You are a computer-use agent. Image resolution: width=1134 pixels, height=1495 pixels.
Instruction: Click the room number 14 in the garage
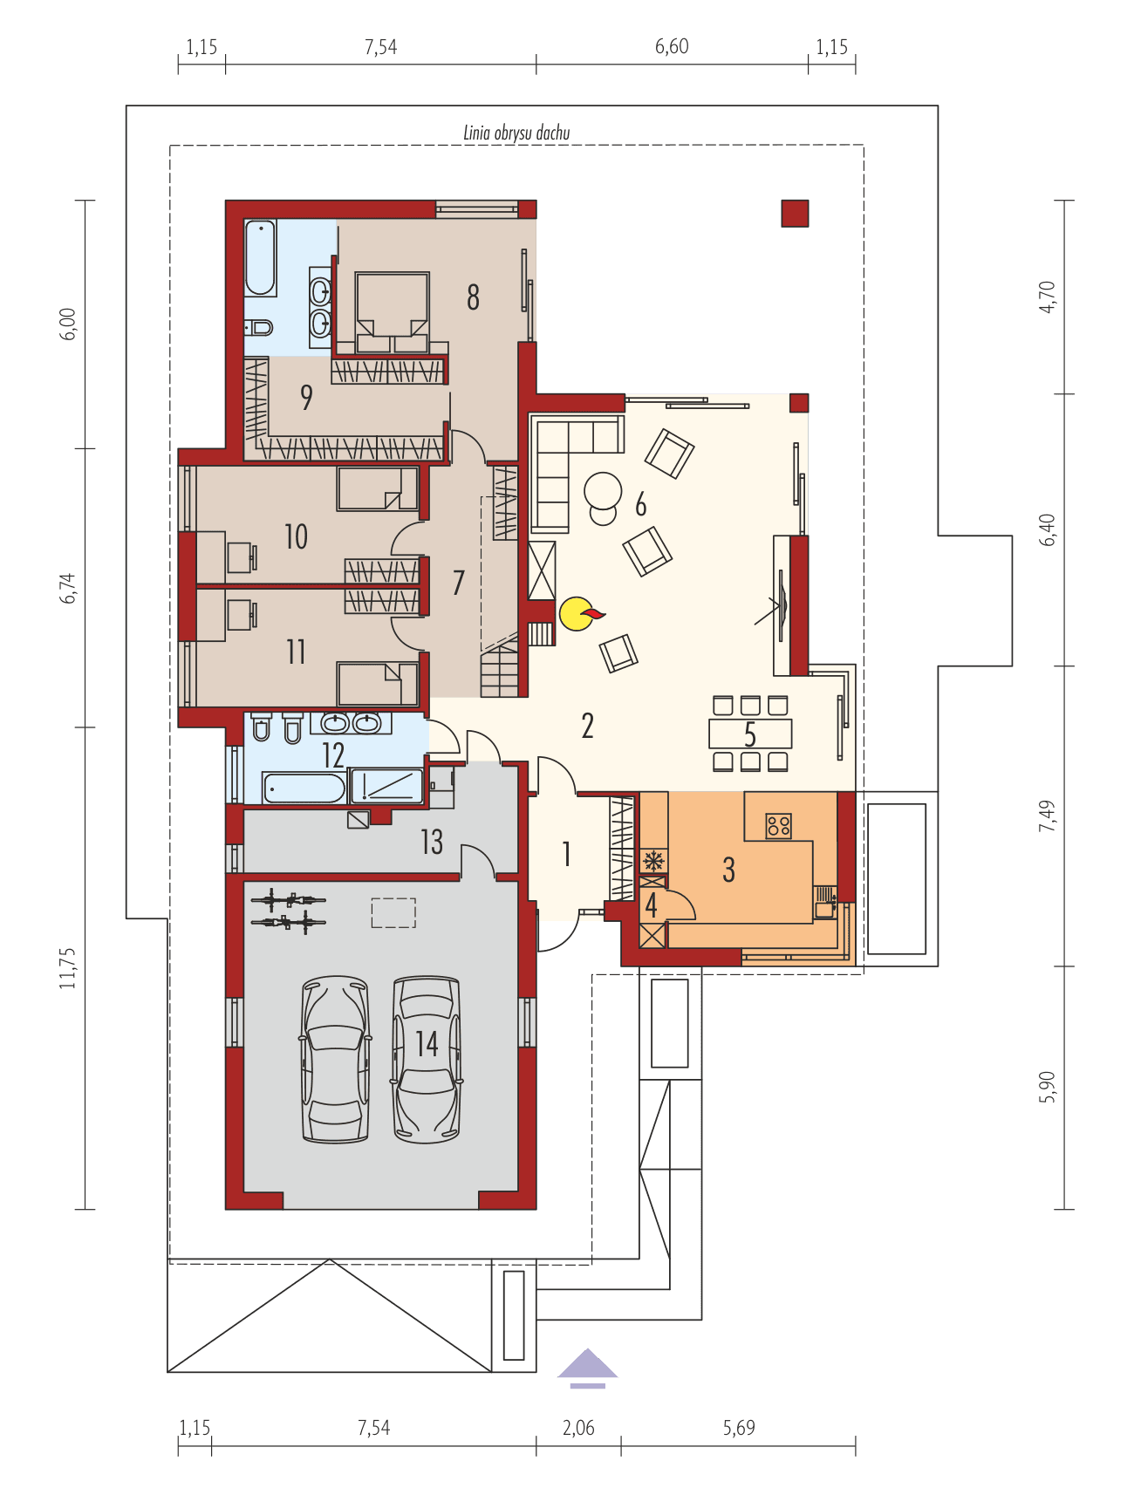(x=427, y=1043)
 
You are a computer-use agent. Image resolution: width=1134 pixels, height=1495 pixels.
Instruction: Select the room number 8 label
(x=473, y=297)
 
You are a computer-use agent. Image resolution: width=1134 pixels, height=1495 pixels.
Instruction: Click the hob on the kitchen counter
(x=779, y=824)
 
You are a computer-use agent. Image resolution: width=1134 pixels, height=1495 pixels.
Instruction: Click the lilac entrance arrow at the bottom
(x=588, y=1366)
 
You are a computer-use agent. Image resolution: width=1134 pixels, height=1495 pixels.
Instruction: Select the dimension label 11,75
(x=69, y=967)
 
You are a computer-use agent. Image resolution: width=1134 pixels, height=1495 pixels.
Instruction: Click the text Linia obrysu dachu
(x=516, y=133)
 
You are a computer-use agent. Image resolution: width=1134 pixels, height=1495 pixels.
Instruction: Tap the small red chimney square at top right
(x=795, y=214)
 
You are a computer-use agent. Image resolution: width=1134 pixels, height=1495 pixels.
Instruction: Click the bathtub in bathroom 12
(x=304, y=788)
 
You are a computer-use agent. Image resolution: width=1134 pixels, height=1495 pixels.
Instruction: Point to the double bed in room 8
(x=392, y=310)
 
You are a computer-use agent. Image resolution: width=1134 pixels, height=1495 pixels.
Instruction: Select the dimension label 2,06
(x=578, y=1428)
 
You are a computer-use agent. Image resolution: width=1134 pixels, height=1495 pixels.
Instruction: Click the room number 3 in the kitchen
(x=728, y=870)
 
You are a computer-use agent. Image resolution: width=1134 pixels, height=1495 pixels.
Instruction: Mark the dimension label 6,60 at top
(x=672, y=46)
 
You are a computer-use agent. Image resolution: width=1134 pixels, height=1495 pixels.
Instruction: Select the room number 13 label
(x=432, y=842)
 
